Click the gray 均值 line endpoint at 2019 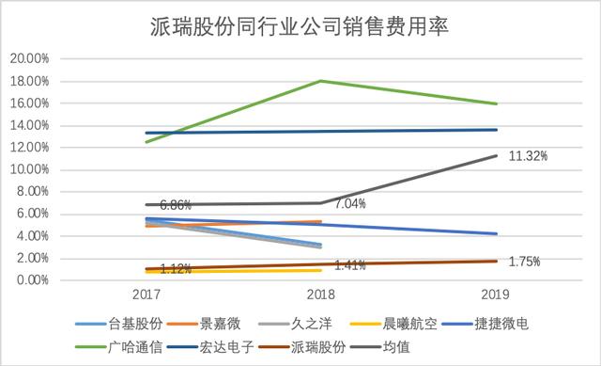coord(496,155)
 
